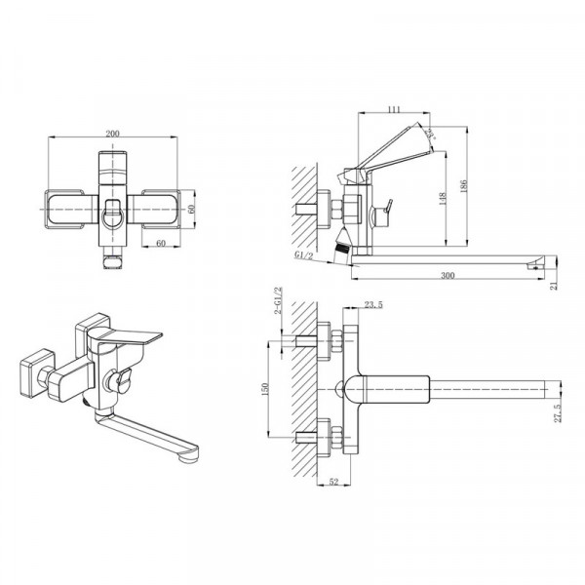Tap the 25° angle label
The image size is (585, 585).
click(431, 133)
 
